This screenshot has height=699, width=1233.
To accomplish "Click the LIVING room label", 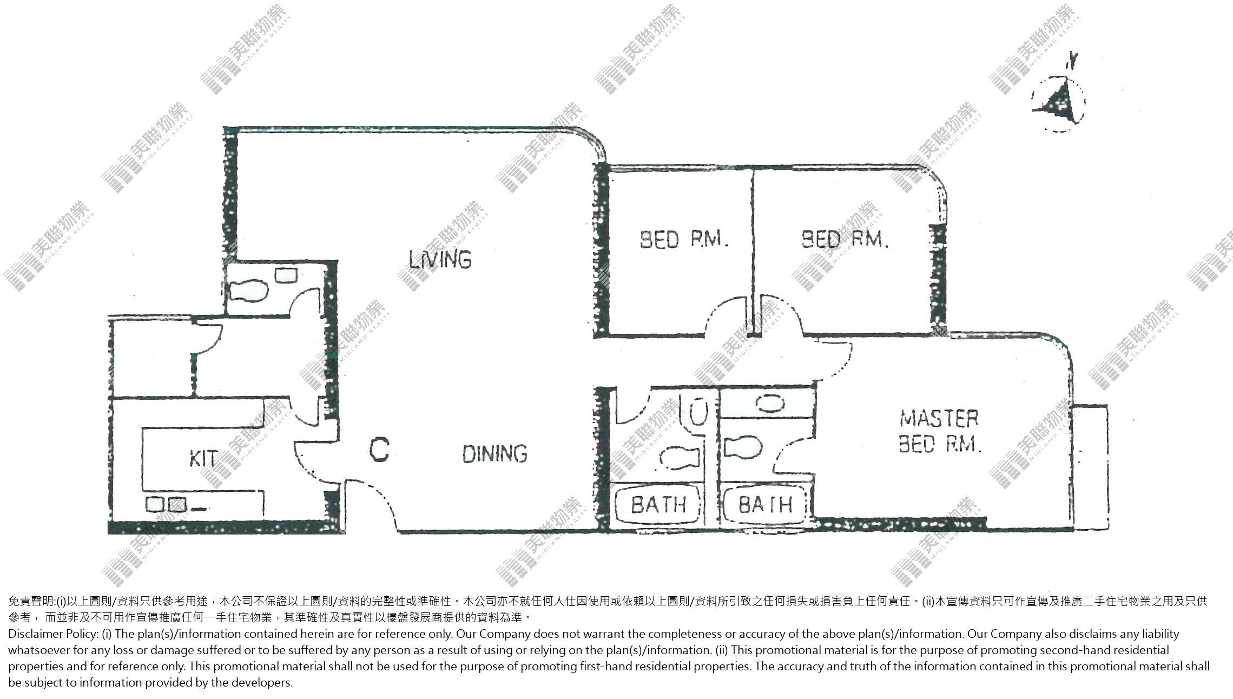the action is point(440,259).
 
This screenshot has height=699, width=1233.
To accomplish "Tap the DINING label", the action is point(495,453).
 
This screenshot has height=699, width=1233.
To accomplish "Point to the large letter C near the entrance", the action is point(379,450).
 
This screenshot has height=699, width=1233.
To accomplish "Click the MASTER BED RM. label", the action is point(939,431).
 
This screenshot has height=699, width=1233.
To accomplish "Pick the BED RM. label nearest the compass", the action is point(845,239).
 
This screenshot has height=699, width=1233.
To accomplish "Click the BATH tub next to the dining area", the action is point(658,504).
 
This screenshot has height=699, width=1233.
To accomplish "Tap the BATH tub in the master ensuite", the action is point(766,504).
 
